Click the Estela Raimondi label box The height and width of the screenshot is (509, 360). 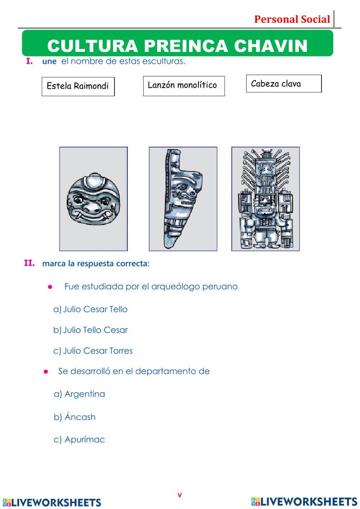click(x=78, y=86)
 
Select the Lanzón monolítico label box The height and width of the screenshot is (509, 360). click(x=184, y=86)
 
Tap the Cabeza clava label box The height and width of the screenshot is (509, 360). click(x=284, y=84)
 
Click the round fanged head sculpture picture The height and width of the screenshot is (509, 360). click(x=93, y=199)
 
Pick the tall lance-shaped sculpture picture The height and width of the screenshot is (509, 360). click(x=183, y=199)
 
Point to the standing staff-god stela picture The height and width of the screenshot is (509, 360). click(x=265, y=199)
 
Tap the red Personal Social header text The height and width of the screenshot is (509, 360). click(x=292, y=19)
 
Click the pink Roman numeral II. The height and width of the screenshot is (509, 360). click(x=29, y=263)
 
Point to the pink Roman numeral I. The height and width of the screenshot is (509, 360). click(x=29, y=61)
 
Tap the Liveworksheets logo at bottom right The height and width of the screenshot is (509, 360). click(x=304, y=502)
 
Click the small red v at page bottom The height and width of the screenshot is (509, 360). click(x=180, y=495)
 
